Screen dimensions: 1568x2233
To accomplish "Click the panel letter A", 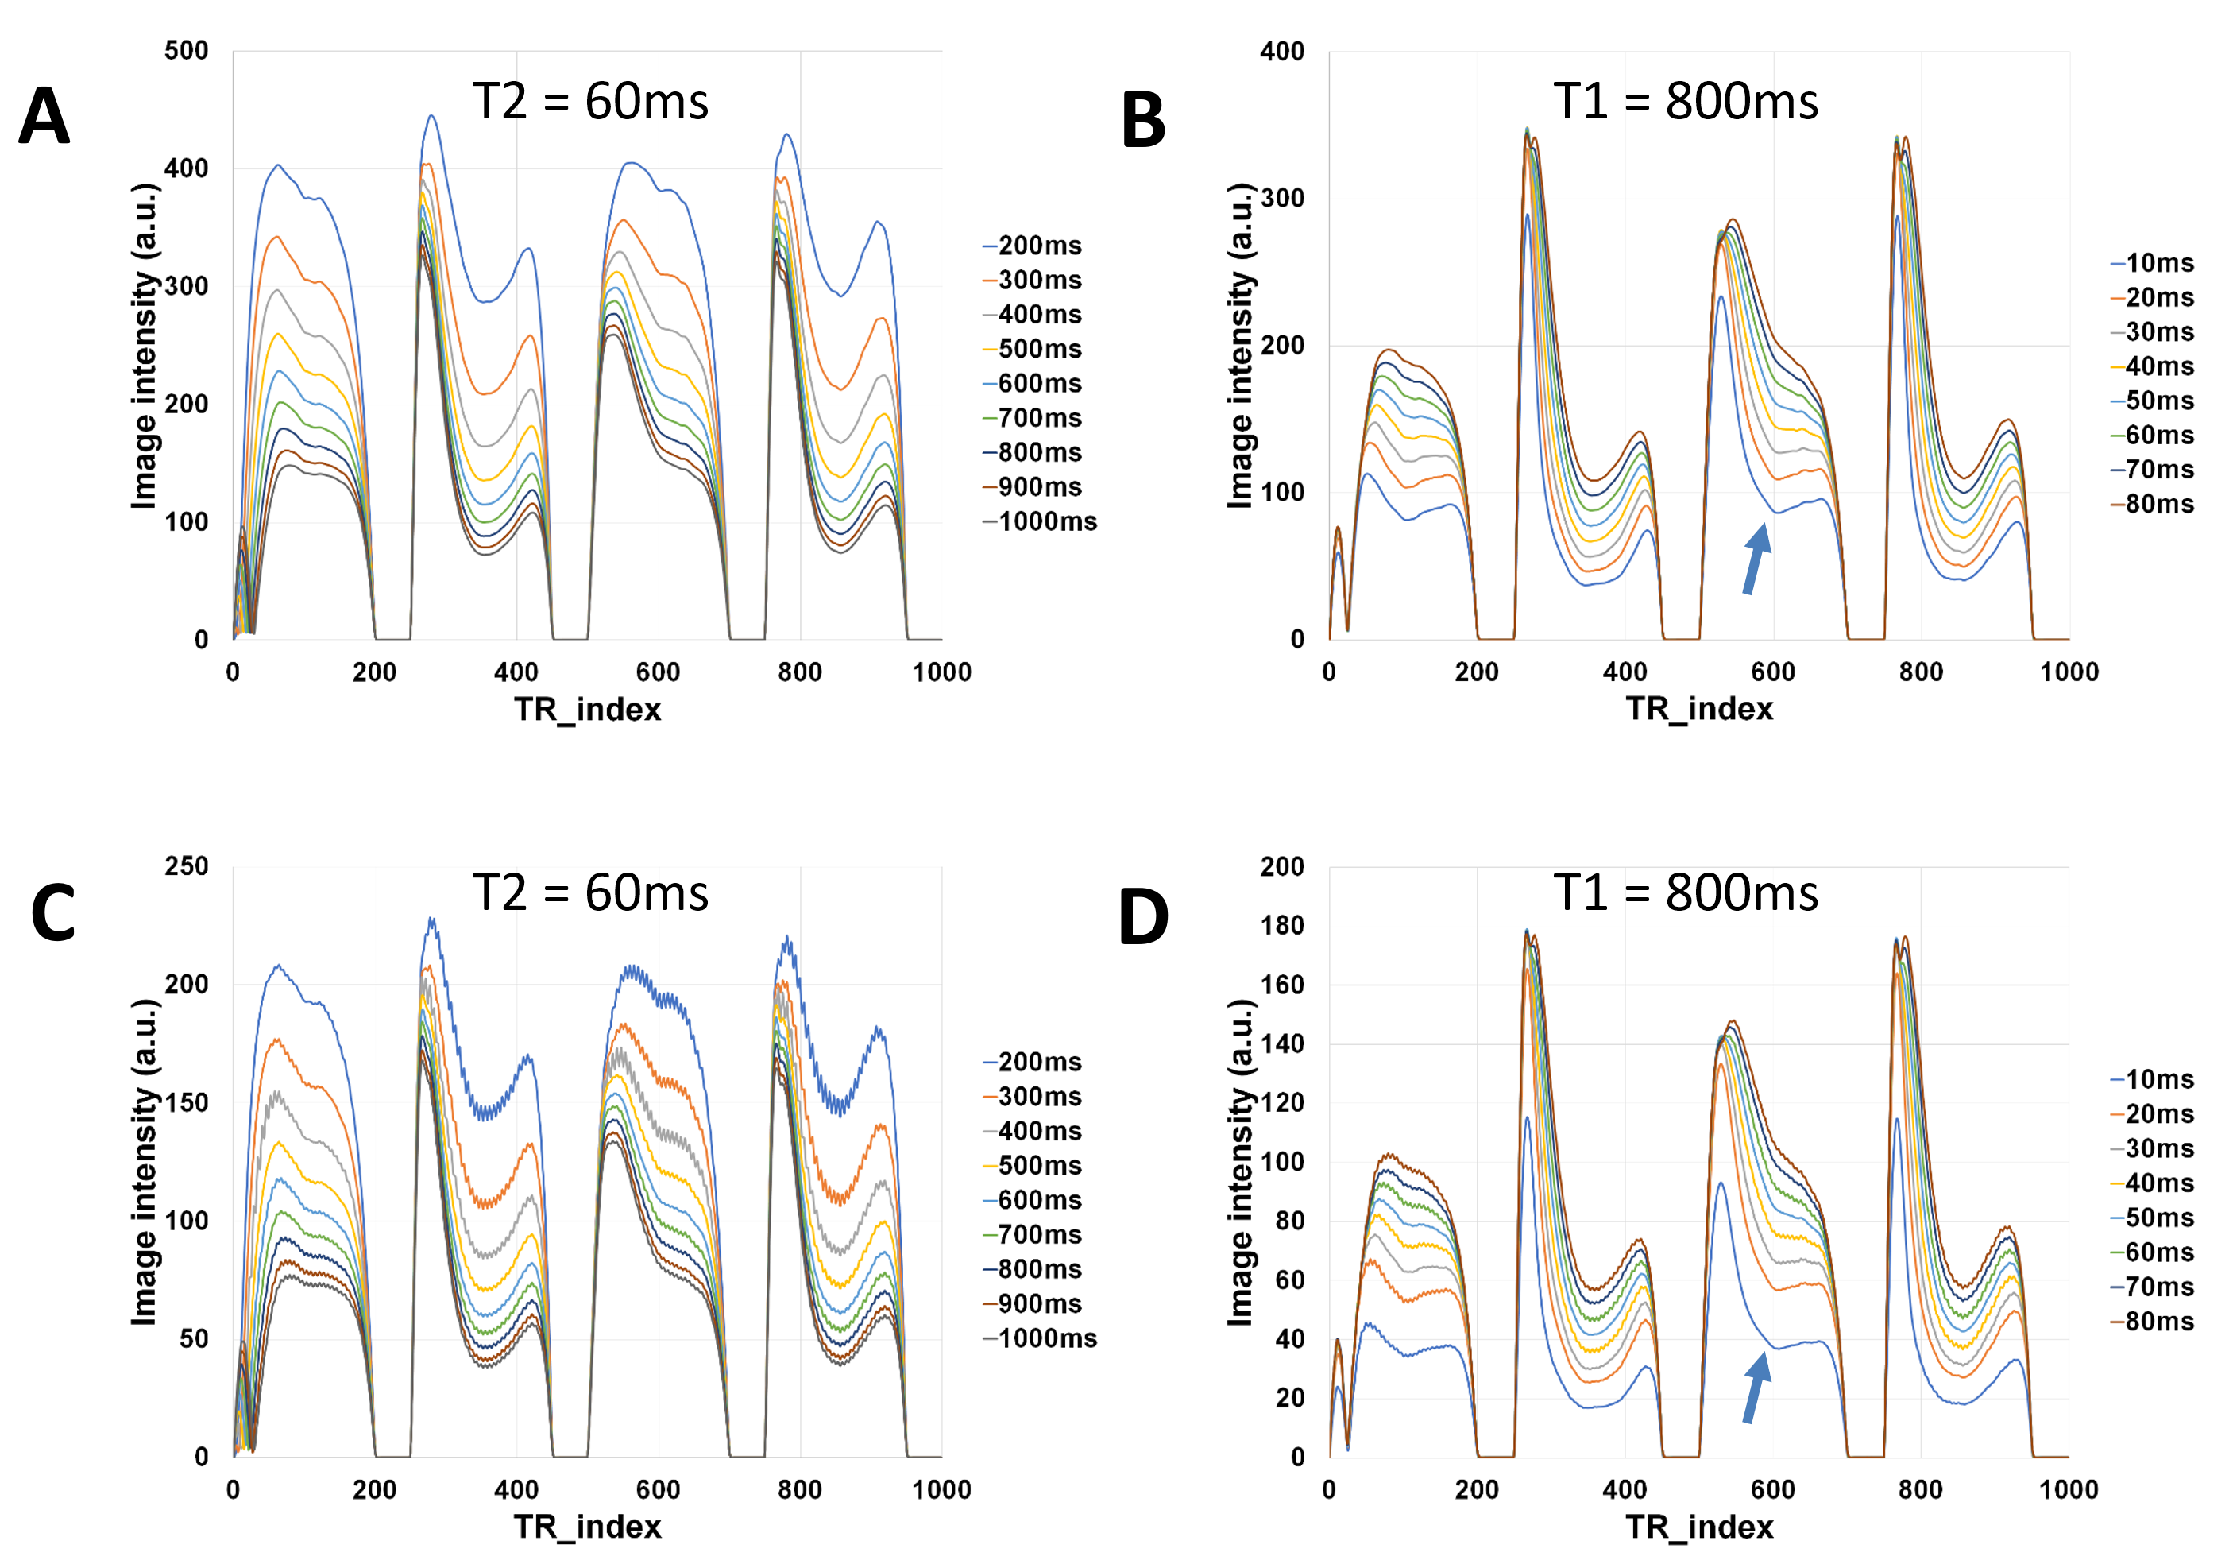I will pyautogui.click(x=44, y=117).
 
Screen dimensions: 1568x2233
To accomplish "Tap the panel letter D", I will pyautogui.click(x=1144, y=916).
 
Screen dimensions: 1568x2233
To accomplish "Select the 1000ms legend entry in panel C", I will pyautogui.click(x=1040, y=1338).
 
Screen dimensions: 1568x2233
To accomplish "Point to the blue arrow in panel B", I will pyautogui.click(x=1756, y=559).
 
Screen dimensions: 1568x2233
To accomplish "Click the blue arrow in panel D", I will pyautogui.click(x=1756, y=1388).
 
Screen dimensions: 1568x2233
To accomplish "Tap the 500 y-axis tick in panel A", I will pyautogui.click(x=187, y=51).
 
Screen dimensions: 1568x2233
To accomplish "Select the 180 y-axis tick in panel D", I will pyautogui.click(x=1282, y=925).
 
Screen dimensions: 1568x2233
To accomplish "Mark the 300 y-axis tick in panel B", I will pyautogui.click(x=1282, y=197).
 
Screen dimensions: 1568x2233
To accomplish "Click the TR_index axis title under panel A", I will pyautogui.click(x=587, y=709).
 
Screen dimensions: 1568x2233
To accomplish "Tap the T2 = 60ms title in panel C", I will pyautogui.click(x=590, y=893).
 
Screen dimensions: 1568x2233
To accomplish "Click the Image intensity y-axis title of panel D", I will pyautogui.click(x=1240, y=1163).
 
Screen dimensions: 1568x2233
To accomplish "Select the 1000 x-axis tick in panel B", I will pyautogui.click(x=2069, y=672).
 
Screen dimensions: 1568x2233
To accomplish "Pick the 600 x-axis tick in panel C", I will pyautogui.click(x=659, y=1489).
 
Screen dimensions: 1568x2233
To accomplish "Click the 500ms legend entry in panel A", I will pyautogui.click(x=1033, y=349).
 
